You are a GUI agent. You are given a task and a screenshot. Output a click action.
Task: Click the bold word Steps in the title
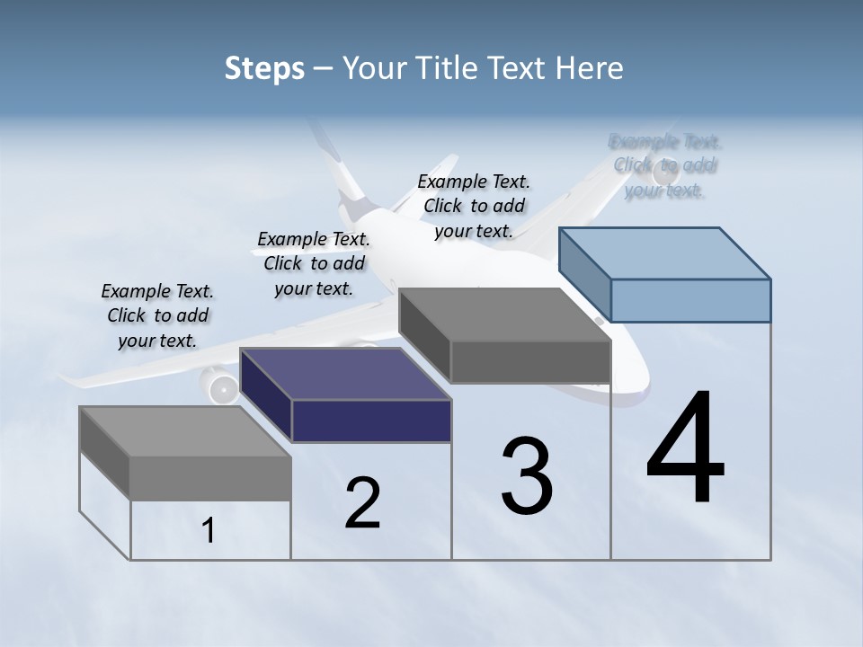coord(264,68)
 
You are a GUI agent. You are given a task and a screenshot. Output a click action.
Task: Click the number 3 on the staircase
coord(527,476)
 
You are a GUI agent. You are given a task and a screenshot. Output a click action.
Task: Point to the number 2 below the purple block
coord(362,502)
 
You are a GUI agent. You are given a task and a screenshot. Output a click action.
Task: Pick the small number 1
coord(209,530)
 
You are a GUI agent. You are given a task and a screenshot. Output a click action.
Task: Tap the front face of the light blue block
coord(690,300)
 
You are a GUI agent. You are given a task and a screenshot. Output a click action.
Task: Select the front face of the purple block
coord(371,421)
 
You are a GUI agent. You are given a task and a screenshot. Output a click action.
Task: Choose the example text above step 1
coord(157,315)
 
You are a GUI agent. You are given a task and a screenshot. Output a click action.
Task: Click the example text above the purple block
coord(314,263)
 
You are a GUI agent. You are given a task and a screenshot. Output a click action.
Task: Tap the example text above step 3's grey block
coord(474,206)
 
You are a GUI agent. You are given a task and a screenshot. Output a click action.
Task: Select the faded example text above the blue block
coord(665,165)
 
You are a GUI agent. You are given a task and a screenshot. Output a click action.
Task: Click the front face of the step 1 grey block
coord(210,478)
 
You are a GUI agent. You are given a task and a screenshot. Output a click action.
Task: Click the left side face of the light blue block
coord(584,277)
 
